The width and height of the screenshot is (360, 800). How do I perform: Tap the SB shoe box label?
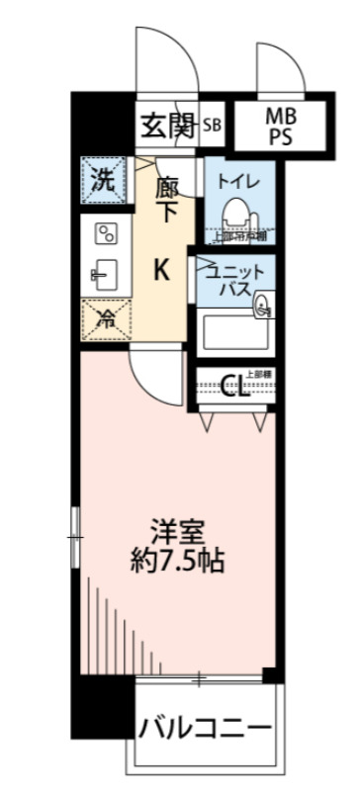click(x=212, y=125)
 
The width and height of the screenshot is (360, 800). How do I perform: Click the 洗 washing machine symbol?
click(x=103, y=180)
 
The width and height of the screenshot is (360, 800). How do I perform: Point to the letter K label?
click(x=160, y=269)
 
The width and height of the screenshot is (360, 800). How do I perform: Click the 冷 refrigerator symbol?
click(x=104, y=318)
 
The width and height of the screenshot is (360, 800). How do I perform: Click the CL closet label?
click(x=234, y=387)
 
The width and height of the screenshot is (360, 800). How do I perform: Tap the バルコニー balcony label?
click(x=204, y=730)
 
